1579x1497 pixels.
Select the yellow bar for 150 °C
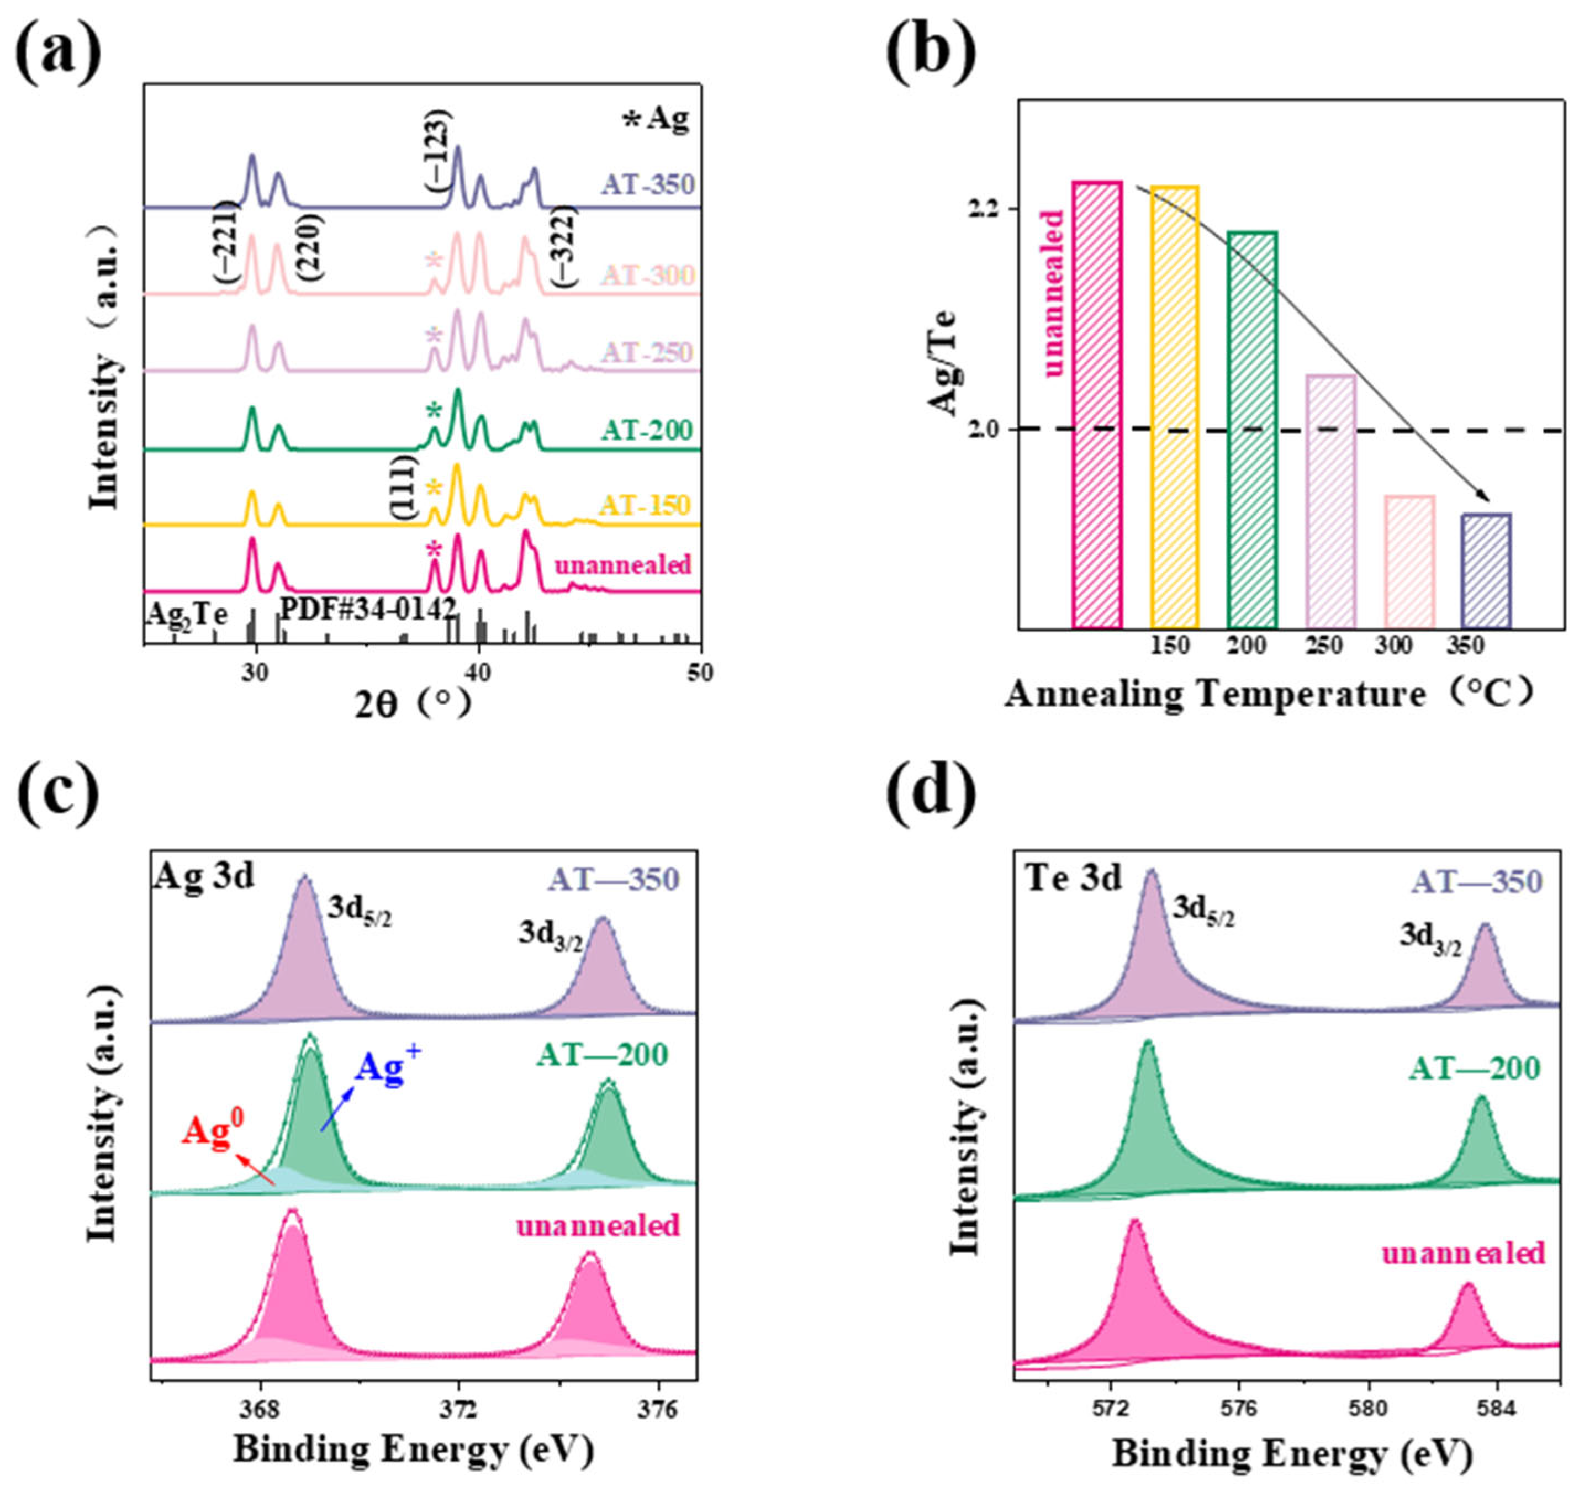point(1174,407)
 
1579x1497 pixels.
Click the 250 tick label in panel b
point(1324,645)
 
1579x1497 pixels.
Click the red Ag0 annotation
point(212,1133)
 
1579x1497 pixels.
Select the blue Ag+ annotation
point(387,1068)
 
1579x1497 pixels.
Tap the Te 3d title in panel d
point(1074,878)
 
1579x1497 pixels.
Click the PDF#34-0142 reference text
point(367,610)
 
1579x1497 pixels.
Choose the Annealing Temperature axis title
point(1213,694)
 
